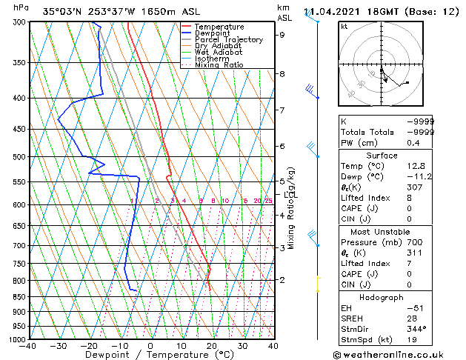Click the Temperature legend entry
pos(219,27)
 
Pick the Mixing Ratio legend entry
pos(219,65)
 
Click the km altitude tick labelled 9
pos(282,34)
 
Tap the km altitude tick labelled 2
pos(282,279)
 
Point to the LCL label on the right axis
pos(288,193)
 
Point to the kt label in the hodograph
pos(344,26)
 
